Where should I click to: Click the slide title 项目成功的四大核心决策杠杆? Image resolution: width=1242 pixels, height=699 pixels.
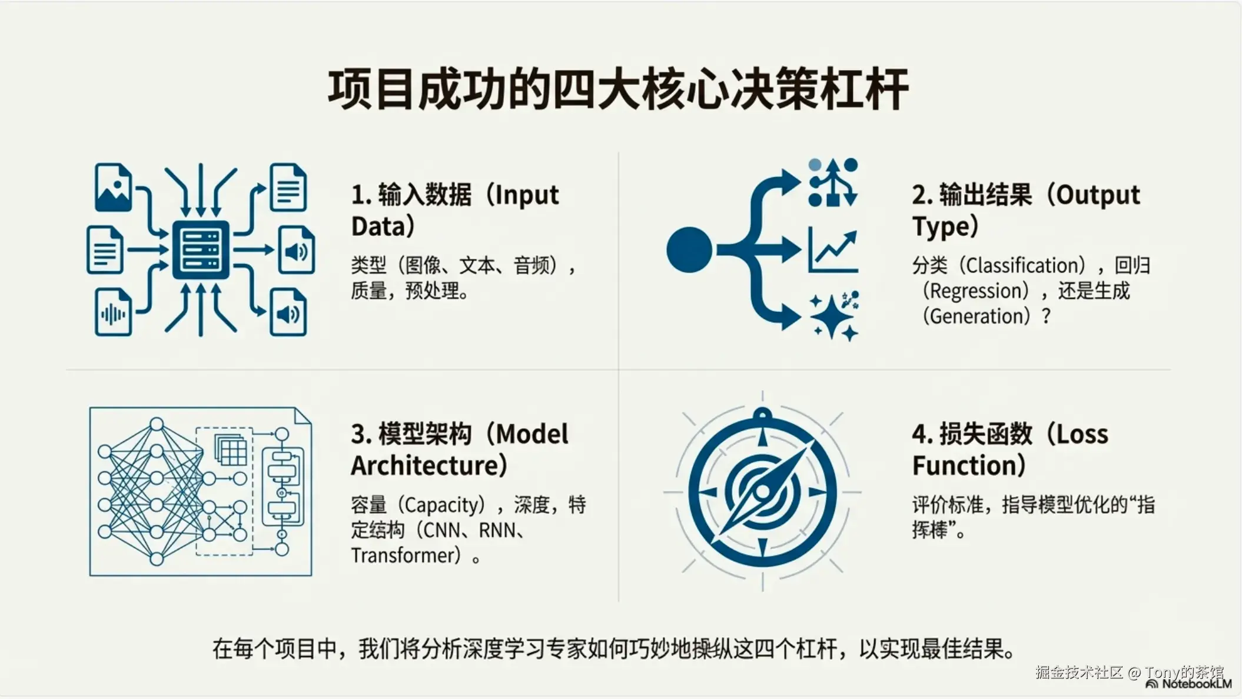tap(618, 89)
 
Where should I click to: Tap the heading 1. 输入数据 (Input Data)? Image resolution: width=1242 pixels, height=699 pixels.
tap(455, 210)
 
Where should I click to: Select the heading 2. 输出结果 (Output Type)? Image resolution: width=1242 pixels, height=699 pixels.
tap(1026, 210)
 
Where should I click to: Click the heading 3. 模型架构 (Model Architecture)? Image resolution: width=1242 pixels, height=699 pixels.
tap(460, 450)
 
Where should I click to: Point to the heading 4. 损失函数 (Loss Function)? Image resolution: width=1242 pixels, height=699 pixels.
tap(1010, 450)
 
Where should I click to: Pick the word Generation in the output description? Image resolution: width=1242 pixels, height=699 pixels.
tap(977, 317)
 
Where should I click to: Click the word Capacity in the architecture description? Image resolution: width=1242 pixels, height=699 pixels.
tap(444, 505)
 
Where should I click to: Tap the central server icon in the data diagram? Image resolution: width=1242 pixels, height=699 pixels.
tap(201, 250)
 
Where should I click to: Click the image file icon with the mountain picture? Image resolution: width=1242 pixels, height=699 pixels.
tap(113, 188)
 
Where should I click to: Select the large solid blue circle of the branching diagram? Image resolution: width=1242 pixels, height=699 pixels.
tap(689, 249)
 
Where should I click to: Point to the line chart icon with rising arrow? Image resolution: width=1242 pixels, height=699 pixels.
tap(832, 250)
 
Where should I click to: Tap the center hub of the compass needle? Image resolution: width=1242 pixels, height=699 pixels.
tap(763, 491)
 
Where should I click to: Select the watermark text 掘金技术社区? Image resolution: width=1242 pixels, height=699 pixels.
tap(1080, 672)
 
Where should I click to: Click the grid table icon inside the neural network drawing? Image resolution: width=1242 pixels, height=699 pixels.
tap(231, 451)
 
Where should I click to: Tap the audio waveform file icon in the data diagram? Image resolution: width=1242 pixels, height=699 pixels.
tap(113, 312)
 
